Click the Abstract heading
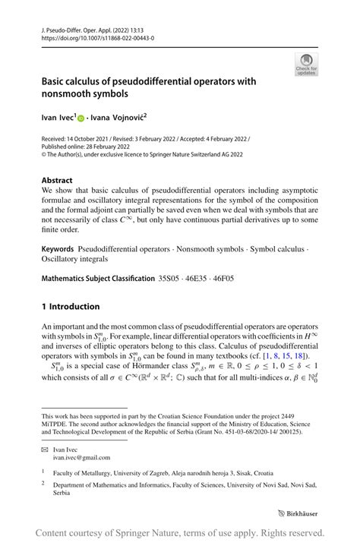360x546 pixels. (58, 181)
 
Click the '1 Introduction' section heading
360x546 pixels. (71, 306)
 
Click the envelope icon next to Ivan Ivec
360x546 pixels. (46, 450)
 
